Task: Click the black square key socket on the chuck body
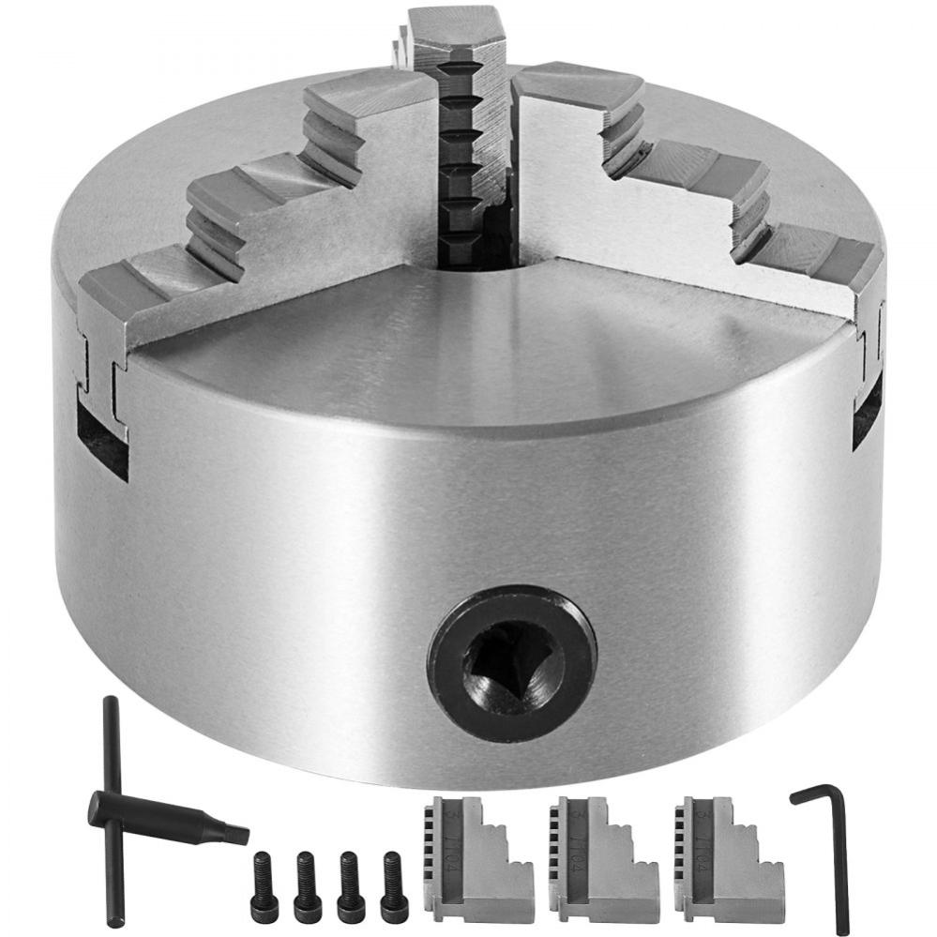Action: tap(511, 662)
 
